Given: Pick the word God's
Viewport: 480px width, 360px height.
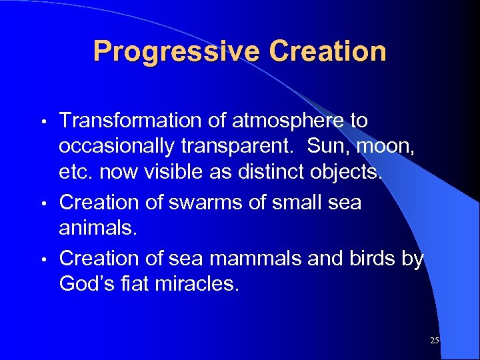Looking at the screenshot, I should (x=87, y=285).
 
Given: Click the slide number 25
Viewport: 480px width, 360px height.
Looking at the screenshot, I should (x=435, y=341).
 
